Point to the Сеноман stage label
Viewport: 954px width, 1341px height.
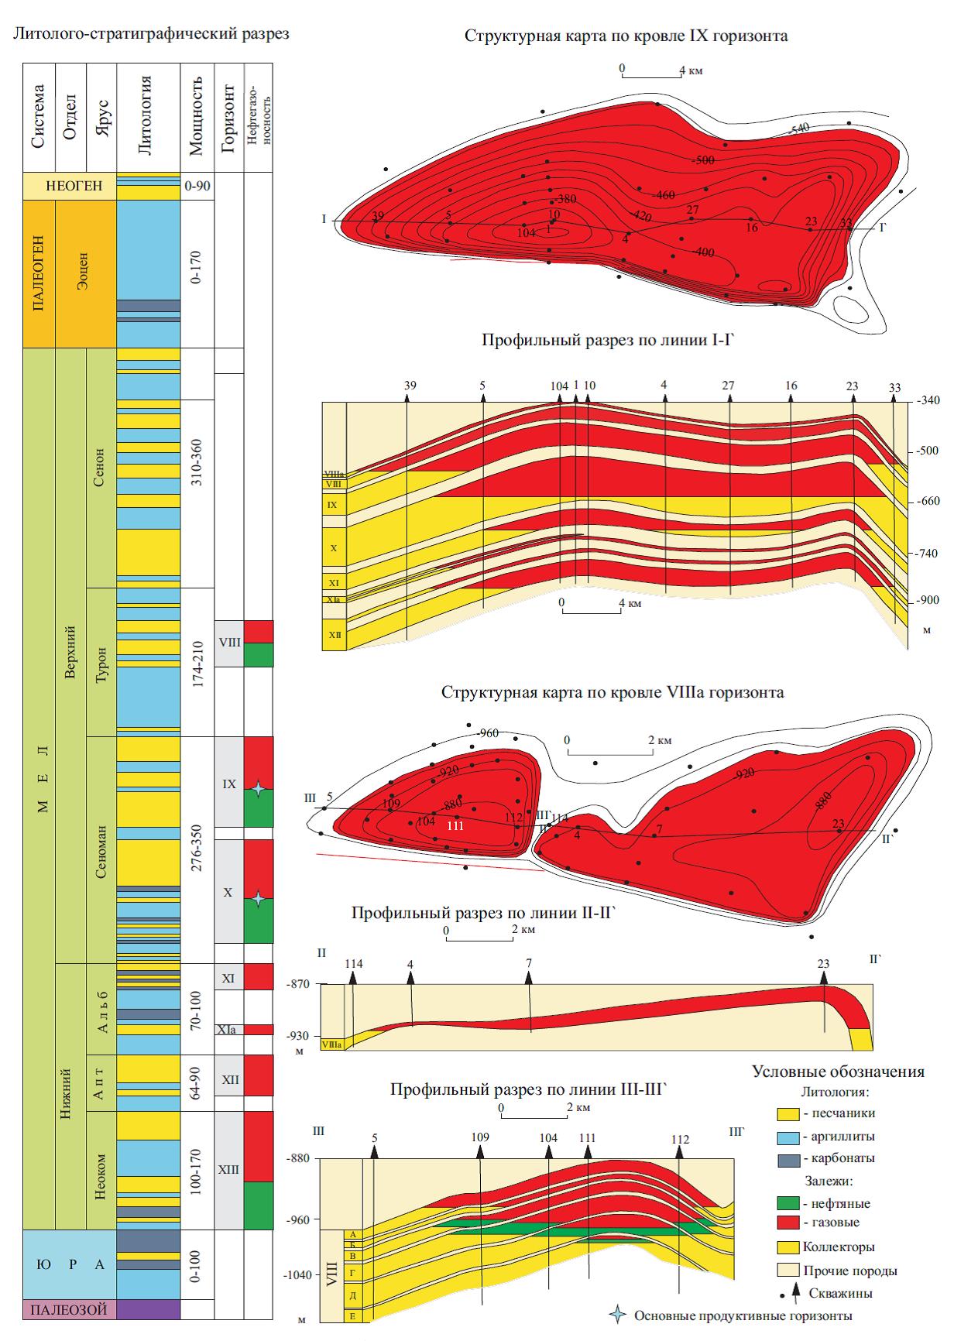click(x=101, y=849)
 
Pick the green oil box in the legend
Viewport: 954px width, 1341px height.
click(x=788, y=1203)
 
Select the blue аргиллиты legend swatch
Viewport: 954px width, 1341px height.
click(x=788, y=1136)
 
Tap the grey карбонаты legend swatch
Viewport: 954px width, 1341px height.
click(x=788, y=1158)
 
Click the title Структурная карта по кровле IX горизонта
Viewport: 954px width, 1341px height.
click(x=626, y=36)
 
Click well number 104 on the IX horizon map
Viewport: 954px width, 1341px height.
click(x=527, y=232)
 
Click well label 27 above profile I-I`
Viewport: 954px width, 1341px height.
click(x=728, y=386)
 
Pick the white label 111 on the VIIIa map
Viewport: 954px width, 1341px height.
click(x=456, y=826)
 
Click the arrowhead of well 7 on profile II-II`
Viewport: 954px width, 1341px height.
click(x=529, y=977)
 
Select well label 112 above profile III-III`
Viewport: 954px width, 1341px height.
click(x=680, y=1140)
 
